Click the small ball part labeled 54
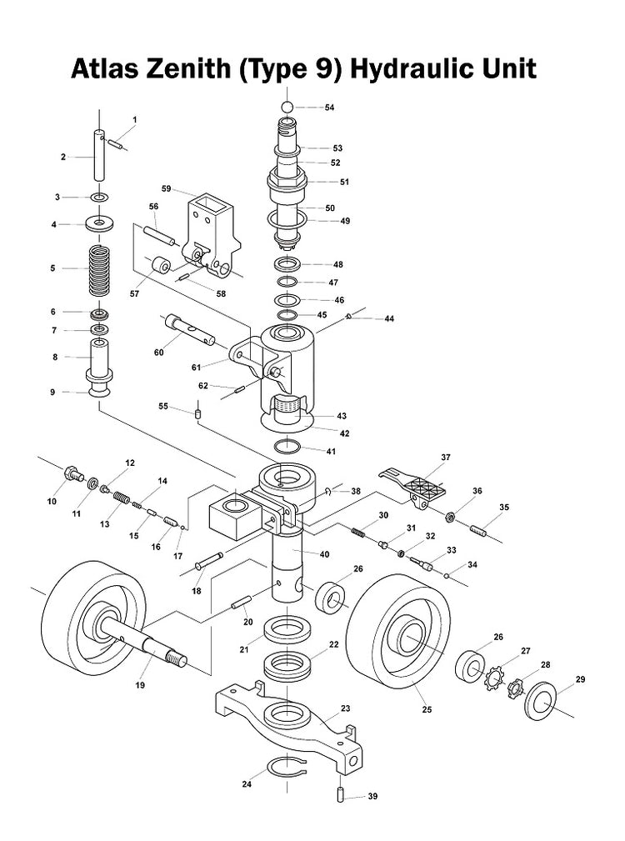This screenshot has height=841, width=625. click(x=285, y=107)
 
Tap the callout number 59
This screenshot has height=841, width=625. click(x=167, y=189)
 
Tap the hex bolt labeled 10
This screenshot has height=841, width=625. click(x=72, y=474)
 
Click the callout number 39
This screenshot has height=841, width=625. click(x=372, y=796)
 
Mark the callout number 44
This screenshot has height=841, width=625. click(x=388, y=318)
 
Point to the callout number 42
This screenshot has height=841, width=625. click(x=342, y=433)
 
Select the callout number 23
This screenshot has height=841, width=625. click(x=345, y=708)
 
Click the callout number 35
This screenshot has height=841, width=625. click(x=504, y=507)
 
